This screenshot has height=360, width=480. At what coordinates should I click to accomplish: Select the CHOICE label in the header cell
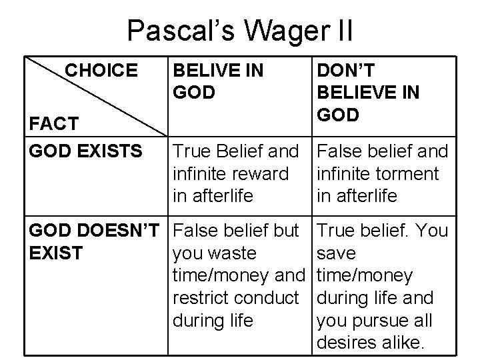click(101, 70)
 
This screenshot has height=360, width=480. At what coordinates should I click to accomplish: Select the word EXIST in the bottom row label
click(55, 253)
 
